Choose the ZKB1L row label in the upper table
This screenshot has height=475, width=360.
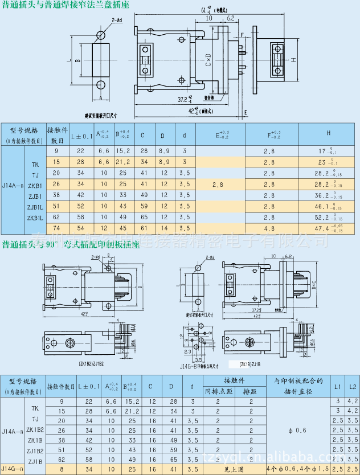[35, 217]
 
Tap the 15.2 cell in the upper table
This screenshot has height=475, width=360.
[123, 150]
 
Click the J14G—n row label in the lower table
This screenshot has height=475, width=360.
[13, 469]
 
